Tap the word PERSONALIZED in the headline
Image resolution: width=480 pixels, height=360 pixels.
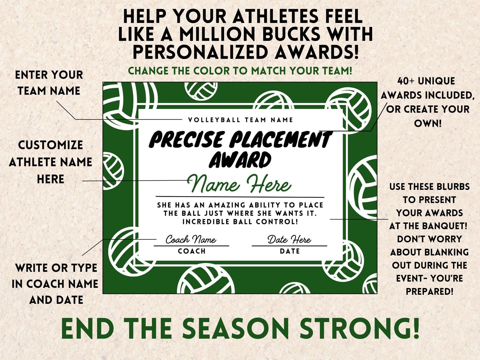(x=199, y=52)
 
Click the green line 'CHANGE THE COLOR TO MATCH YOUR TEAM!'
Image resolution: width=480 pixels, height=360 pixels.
(x=240, y=71)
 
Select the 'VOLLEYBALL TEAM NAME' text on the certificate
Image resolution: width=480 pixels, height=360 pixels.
(x=240, y=120)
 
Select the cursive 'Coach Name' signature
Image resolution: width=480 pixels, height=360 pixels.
(x=191, y=240)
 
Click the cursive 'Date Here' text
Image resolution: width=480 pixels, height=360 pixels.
(x=289, y=240)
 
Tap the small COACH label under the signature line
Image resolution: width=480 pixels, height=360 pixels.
(x=192, y=251)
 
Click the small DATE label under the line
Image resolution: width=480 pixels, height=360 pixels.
(x=290, y=251)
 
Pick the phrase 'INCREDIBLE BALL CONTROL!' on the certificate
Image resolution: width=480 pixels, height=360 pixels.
(x=240, y=222)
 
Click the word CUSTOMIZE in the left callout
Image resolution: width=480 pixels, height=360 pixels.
(x=50, y=145)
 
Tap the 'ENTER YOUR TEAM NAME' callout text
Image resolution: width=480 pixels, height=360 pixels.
(x=49, y=83)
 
